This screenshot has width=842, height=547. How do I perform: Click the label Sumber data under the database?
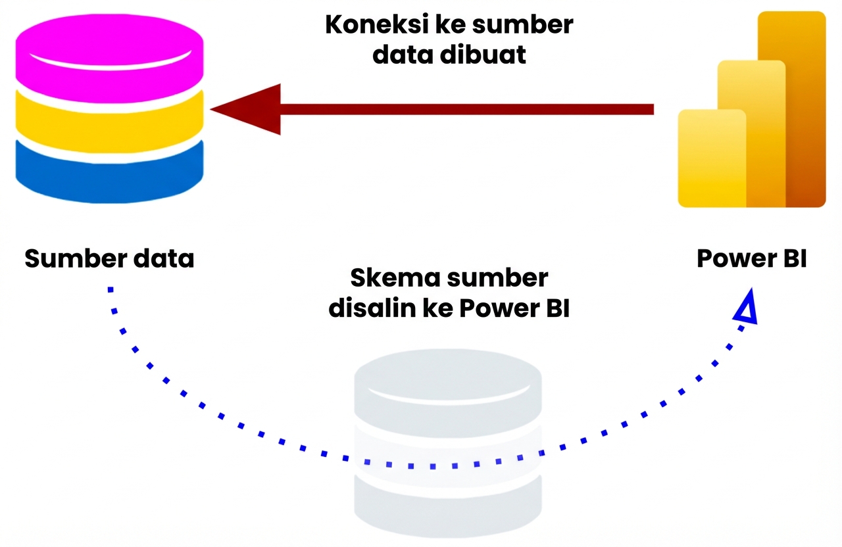pyautogui.click(x=109, y=258)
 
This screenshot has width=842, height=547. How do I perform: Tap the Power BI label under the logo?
pyautogui.click(x=751, y=258)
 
